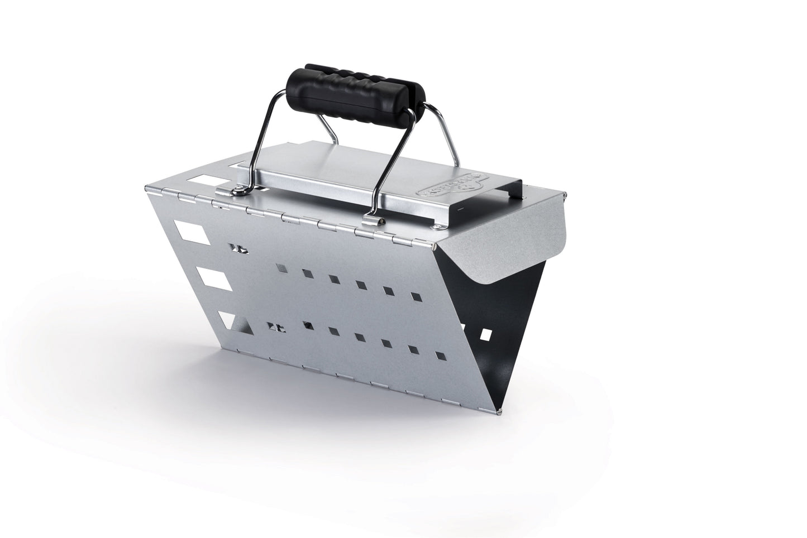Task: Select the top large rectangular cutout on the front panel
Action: pyautogui.click(x=191, y=232)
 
